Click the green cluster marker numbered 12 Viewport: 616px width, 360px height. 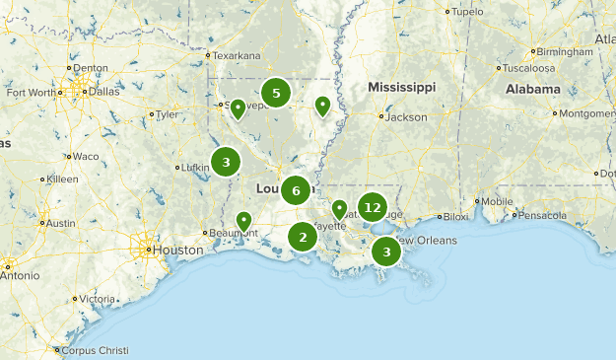tap(372, 207)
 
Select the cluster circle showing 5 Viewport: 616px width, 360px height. tap(276, 94)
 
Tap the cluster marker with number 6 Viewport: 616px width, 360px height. tap(296, 190)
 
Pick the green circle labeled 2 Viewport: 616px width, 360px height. tap(303, 237)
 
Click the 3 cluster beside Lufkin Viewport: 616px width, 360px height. tap(226, 162)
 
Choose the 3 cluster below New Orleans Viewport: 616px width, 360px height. tap(386, 252)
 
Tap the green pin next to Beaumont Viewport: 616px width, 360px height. tap(244, 221)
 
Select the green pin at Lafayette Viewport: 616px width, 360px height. tap(339, 209)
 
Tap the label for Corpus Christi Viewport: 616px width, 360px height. tap(99, 350)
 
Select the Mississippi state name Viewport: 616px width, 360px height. tap(401, 88)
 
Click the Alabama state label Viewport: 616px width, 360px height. tap(532, 88)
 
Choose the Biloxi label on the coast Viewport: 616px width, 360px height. tap(455, 217)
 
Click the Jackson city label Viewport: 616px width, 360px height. tap(407, 117)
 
